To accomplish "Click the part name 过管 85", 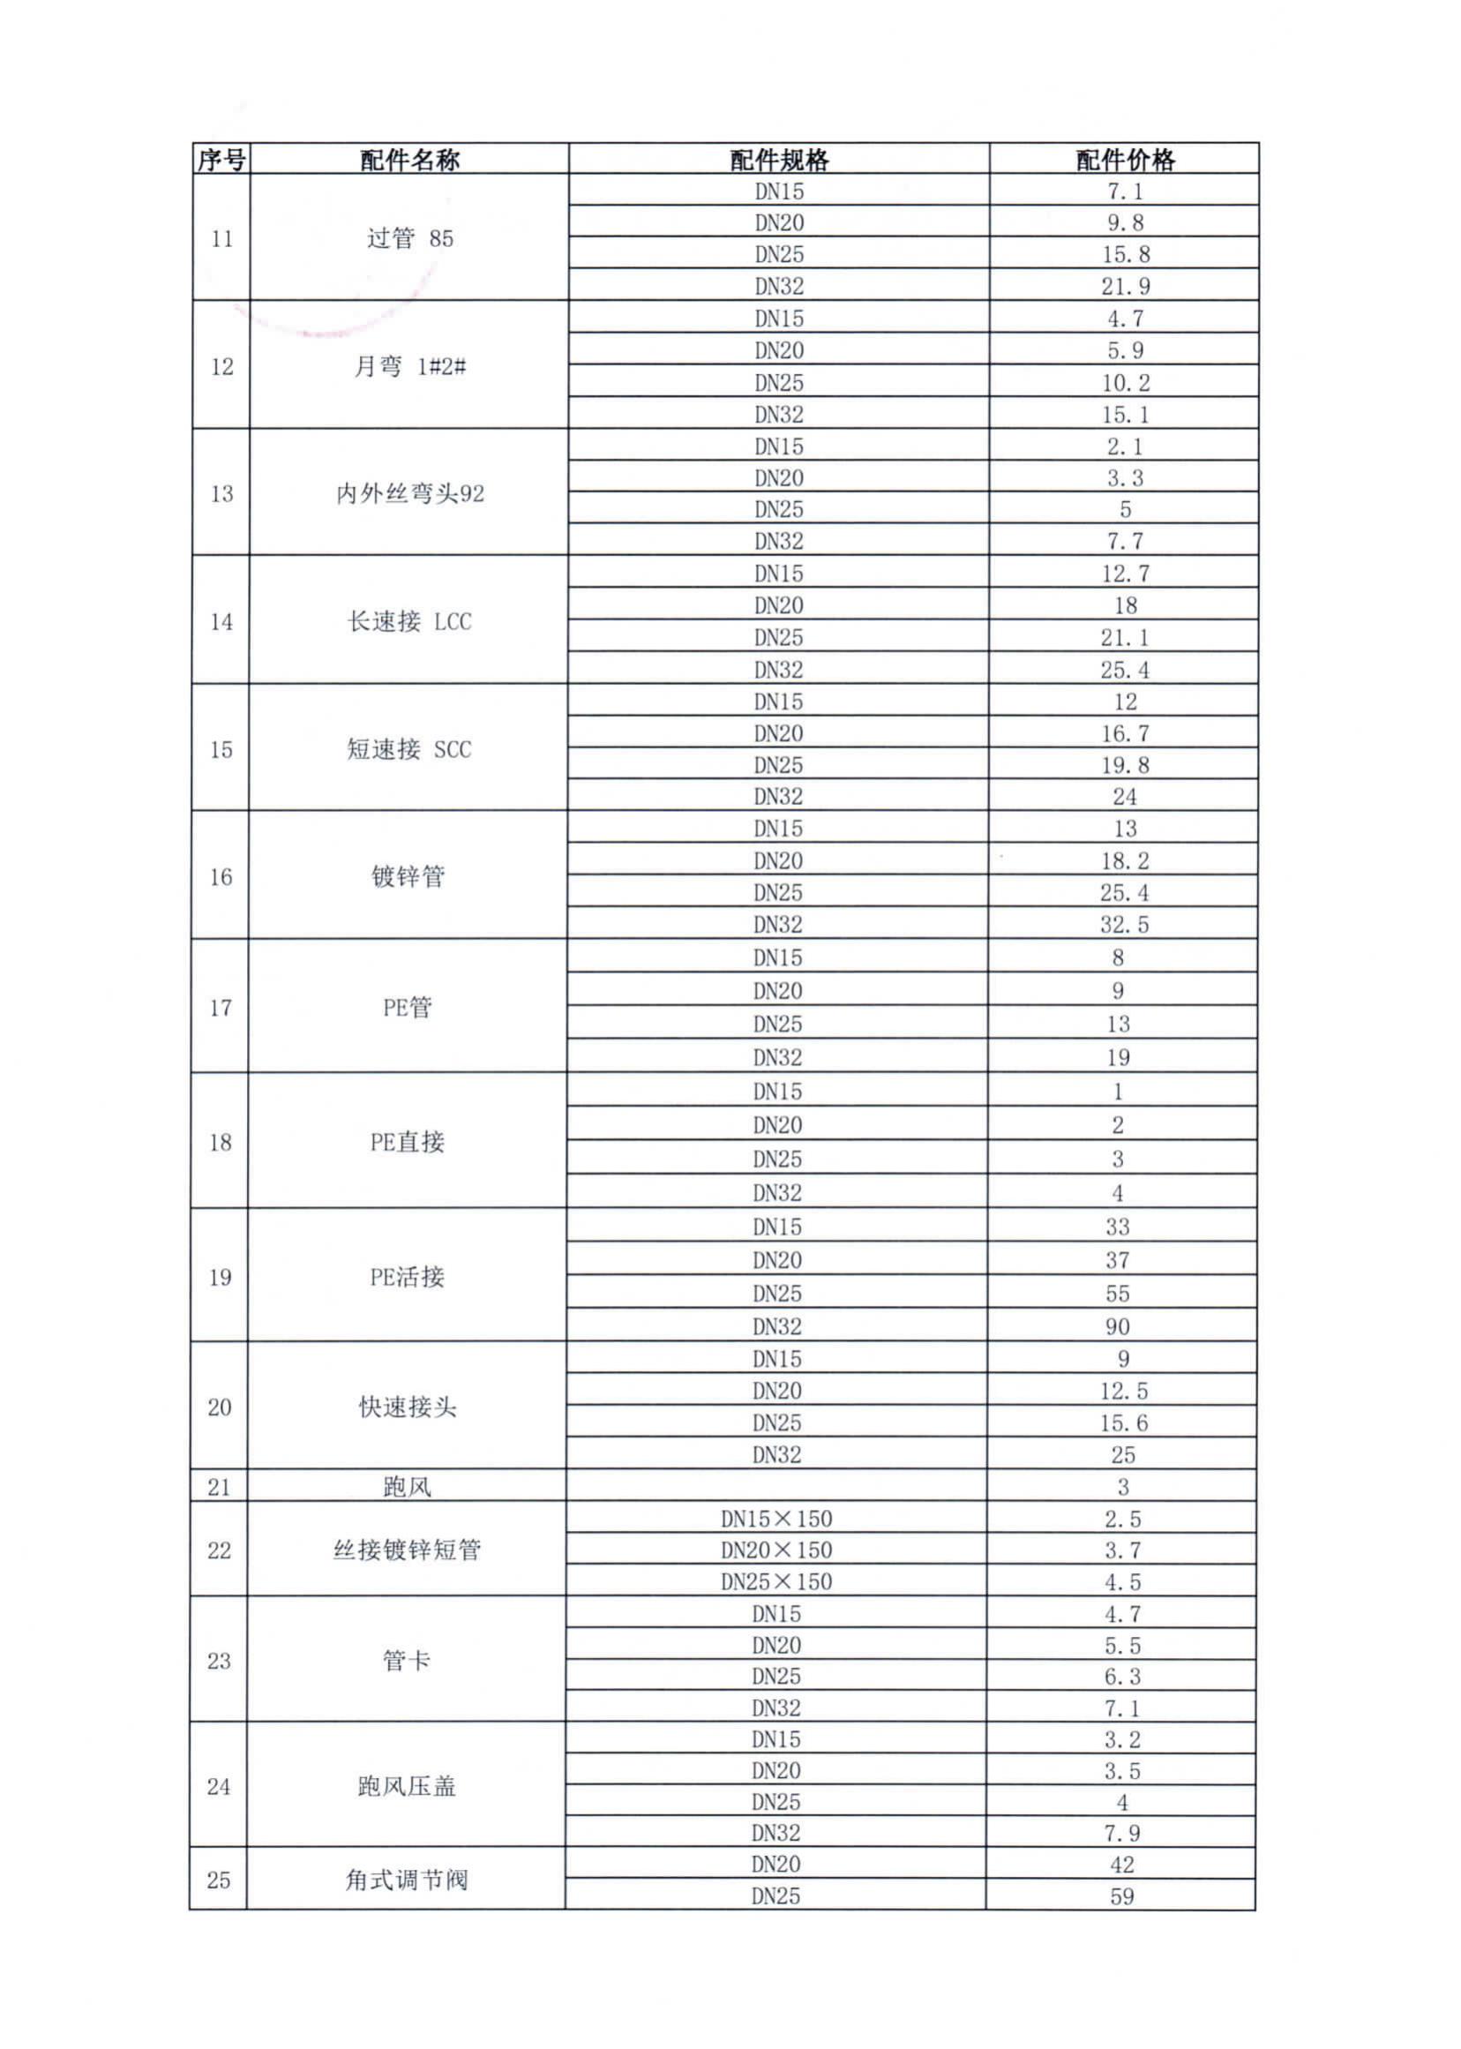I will [409, 238].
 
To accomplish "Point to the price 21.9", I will [1125, 286].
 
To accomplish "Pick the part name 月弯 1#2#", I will [409, 366].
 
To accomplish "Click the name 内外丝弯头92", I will [409, 493].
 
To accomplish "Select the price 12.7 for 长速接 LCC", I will [1125, 574].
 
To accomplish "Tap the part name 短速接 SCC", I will [408, 748].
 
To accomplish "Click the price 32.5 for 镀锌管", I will [1124, 924].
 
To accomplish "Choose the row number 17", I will [221, 1008].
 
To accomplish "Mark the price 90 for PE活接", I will [1117, 1326].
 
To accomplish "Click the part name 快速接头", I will [408, 1407].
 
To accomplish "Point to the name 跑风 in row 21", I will [407, 1487].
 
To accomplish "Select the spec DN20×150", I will [776, 1550].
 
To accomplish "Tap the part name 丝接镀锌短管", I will [407, 1550].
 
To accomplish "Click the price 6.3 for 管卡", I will [1122, 1676].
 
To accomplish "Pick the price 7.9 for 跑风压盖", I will [1122, 1831].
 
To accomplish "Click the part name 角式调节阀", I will [407, 1879].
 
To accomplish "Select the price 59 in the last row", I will [1122, 1896].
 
